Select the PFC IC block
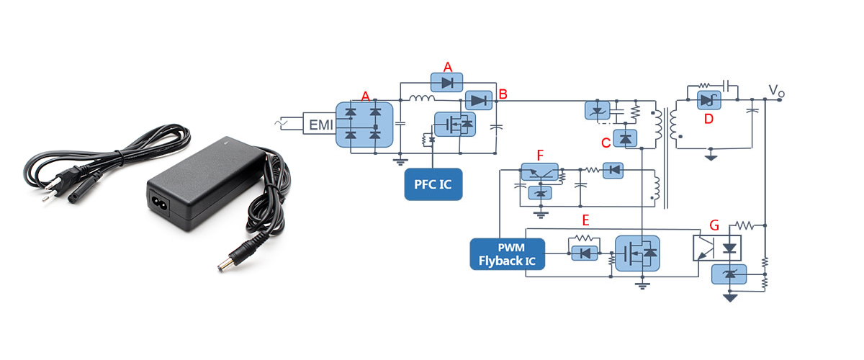coord(433,185)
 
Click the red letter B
coord(503,94)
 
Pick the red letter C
coord(606,142)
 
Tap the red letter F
coord(541,154)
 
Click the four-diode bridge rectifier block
coord(364,124)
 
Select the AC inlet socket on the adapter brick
coord(161,203)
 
